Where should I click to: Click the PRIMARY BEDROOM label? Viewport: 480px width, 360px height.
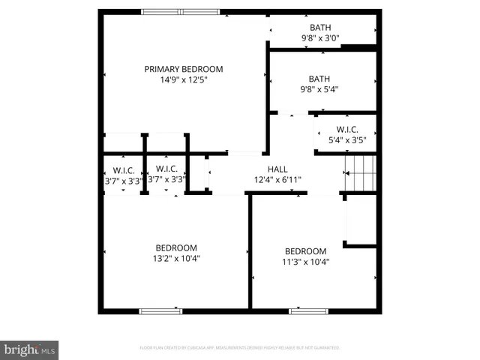(184, 69)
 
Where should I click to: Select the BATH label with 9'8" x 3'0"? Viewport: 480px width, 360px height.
(320, 28)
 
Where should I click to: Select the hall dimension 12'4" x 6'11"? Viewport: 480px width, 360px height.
(277, 179)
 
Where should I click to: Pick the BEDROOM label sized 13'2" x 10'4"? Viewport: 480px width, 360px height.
(176, 248)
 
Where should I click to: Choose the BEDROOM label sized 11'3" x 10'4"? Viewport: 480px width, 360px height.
(305, 251)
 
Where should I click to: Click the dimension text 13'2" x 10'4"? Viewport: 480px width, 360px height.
(176, 258)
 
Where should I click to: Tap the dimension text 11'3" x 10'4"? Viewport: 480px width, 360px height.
(305, 262)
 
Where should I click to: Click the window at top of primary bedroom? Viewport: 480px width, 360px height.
(181, 11)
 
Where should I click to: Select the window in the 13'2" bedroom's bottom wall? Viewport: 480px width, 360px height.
(160, 310)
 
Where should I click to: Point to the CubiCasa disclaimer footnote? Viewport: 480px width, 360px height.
(240, 348)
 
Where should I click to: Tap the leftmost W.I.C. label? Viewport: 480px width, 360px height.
(123, 169)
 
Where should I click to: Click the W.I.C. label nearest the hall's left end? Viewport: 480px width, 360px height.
(166, 169)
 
